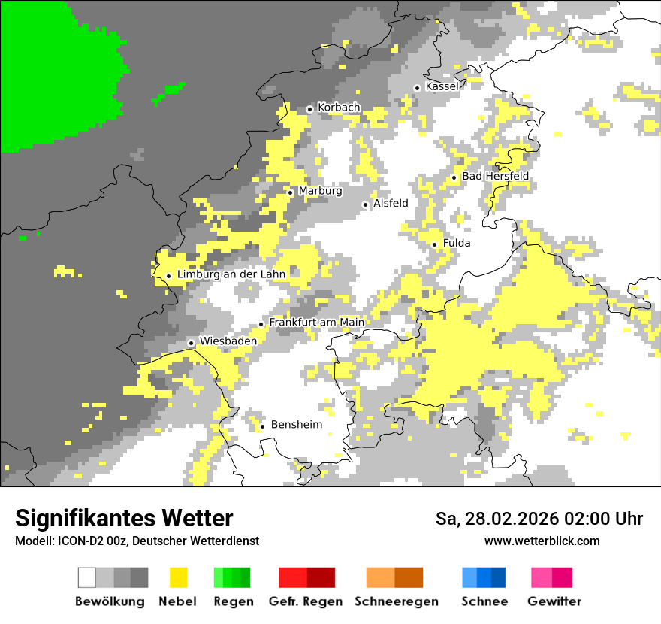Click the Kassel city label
click(x=442, y=86)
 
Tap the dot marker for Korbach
click(x=309, y=109)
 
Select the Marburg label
click(x=320, y=191)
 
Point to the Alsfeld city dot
click(x=366, y=204)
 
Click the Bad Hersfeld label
click(x=495, y=177)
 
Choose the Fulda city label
click(x=457, y=243)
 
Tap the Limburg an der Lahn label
click(x=231, y=274)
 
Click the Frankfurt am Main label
click(x=316, y=323)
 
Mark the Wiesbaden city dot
click(x=192, y=343)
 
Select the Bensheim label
click(x=296, y=425)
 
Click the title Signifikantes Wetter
click(x=124, y=518)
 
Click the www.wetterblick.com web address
click(x=542, y=541)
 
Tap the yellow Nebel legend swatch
click(x=179, y=577)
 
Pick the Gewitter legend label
click(x=554, y=601)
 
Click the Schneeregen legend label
click(x=397, y=601)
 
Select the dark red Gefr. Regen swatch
click(x=321, y=577)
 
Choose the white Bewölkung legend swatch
click(x=86, y=577)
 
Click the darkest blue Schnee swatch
click(x=499, y=577)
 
